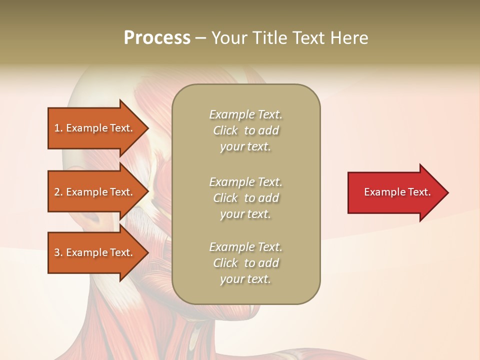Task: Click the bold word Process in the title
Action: tap(157, 38)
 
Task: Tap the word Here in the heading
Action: tap(349, 38)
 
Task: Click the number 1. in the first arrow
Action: tap(58, 128)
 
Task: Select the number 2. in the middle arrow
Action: tap(58, 192)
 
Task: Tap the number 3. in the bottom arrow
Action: tap(58, 252)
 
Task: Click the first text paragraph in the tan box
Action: tap(246, 130)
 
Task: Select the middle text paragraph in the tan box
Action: tap(246, 197)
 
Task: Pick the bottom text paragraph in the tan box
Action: tap(246, 263)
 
